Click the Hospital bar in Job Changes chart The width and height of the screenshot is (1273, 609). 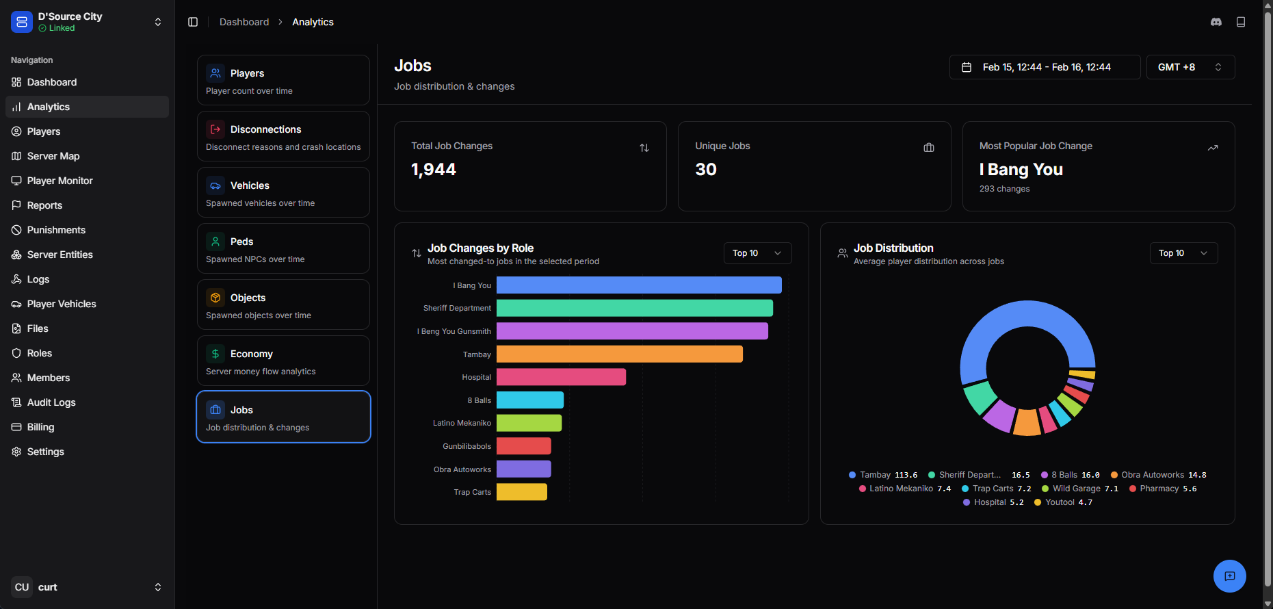(561, 377)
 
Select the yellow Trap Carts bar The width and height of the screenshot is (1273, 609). (522, 492)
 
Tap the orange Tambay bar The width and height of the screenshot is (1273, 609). (620, 354)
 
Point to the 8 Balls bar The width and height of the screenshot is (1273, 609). (530, 400)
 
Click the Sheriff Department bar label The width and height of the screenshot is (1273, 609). (457, 308)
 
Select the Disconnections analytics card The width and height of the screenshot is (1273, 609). (283, 136)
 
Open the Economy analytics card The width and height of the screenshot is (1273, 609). (283, 361)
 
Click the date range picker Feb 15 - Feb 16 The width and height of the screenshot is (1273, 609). (1045, 67)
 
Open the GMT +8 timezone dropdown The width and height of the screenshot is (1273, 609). (1190, 67)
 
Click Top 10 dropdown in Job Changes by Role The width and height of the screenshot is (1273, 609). (757, 253)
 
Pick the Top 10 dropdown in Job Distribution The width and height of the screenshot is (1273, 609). (1183, 253)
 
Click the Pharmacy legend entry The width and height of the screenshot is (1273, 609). (1163, 489)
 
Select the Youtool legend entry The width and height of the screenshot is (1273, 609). (1063, 502)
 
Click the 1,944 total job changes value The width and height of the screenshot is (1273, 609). (434, 170)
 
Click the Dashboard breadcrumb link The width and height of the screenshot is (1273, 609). (244, 22)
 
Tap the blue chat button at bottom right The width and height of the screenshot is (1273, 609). (1230, 576)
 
